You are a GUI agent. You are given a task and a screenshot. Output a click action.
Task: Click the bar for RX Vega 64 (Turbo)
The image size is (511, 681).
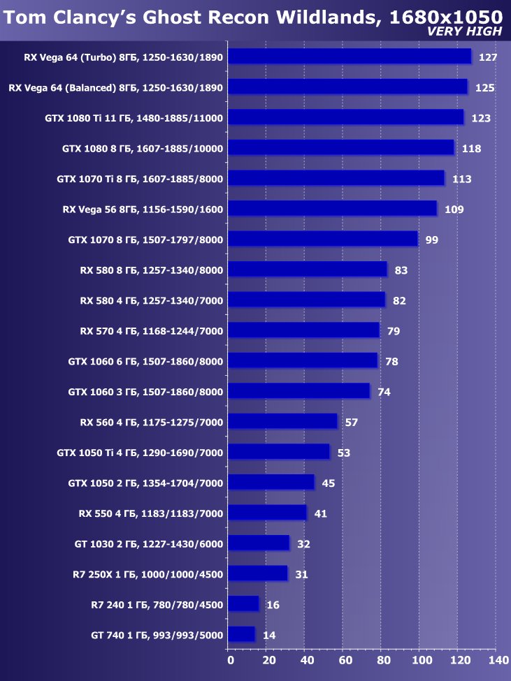[350, 57]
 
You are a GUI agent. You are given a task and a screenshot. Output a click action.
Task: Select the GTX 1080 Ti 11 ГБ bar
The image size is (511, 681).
[345, 117]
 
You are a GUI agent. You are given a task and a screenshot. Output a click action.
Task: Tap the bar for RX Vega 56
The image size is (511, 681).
[332, 209]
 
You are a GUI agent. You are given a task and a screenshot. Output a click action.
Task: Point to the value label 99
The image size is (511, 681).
[431, 240]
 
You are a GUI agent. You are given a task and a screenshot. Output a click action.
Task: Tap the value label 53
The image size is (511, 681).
[343, 453]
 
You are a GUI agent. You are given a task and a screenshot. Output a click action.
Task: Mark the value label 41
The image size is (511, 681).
[321, 514]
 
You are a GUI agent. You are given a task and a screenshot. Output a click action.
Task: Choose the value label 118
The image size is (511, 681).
[470, 149]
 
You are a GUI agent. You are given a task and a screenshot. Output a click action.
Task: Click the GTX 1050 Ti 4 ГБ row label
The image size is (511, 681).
[140, 453]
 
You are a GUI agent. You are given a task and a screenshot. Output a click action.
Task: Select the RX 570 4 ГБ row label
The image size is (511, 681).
[151, 331]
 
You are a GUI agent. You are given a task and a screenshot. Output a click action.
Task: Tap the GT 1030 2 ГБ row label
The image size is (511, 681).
[148, 544]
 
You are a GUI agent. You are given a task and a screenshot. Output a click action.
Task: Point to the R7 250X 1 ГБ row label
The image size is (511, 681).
[147, 575]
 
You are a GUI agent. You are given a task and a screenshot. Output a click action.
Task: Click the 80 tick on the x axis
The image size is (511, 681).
[383, 659]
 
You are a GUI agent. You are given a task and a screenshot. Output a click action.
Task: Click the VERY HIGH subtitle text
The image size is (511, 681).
[464, 31]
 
